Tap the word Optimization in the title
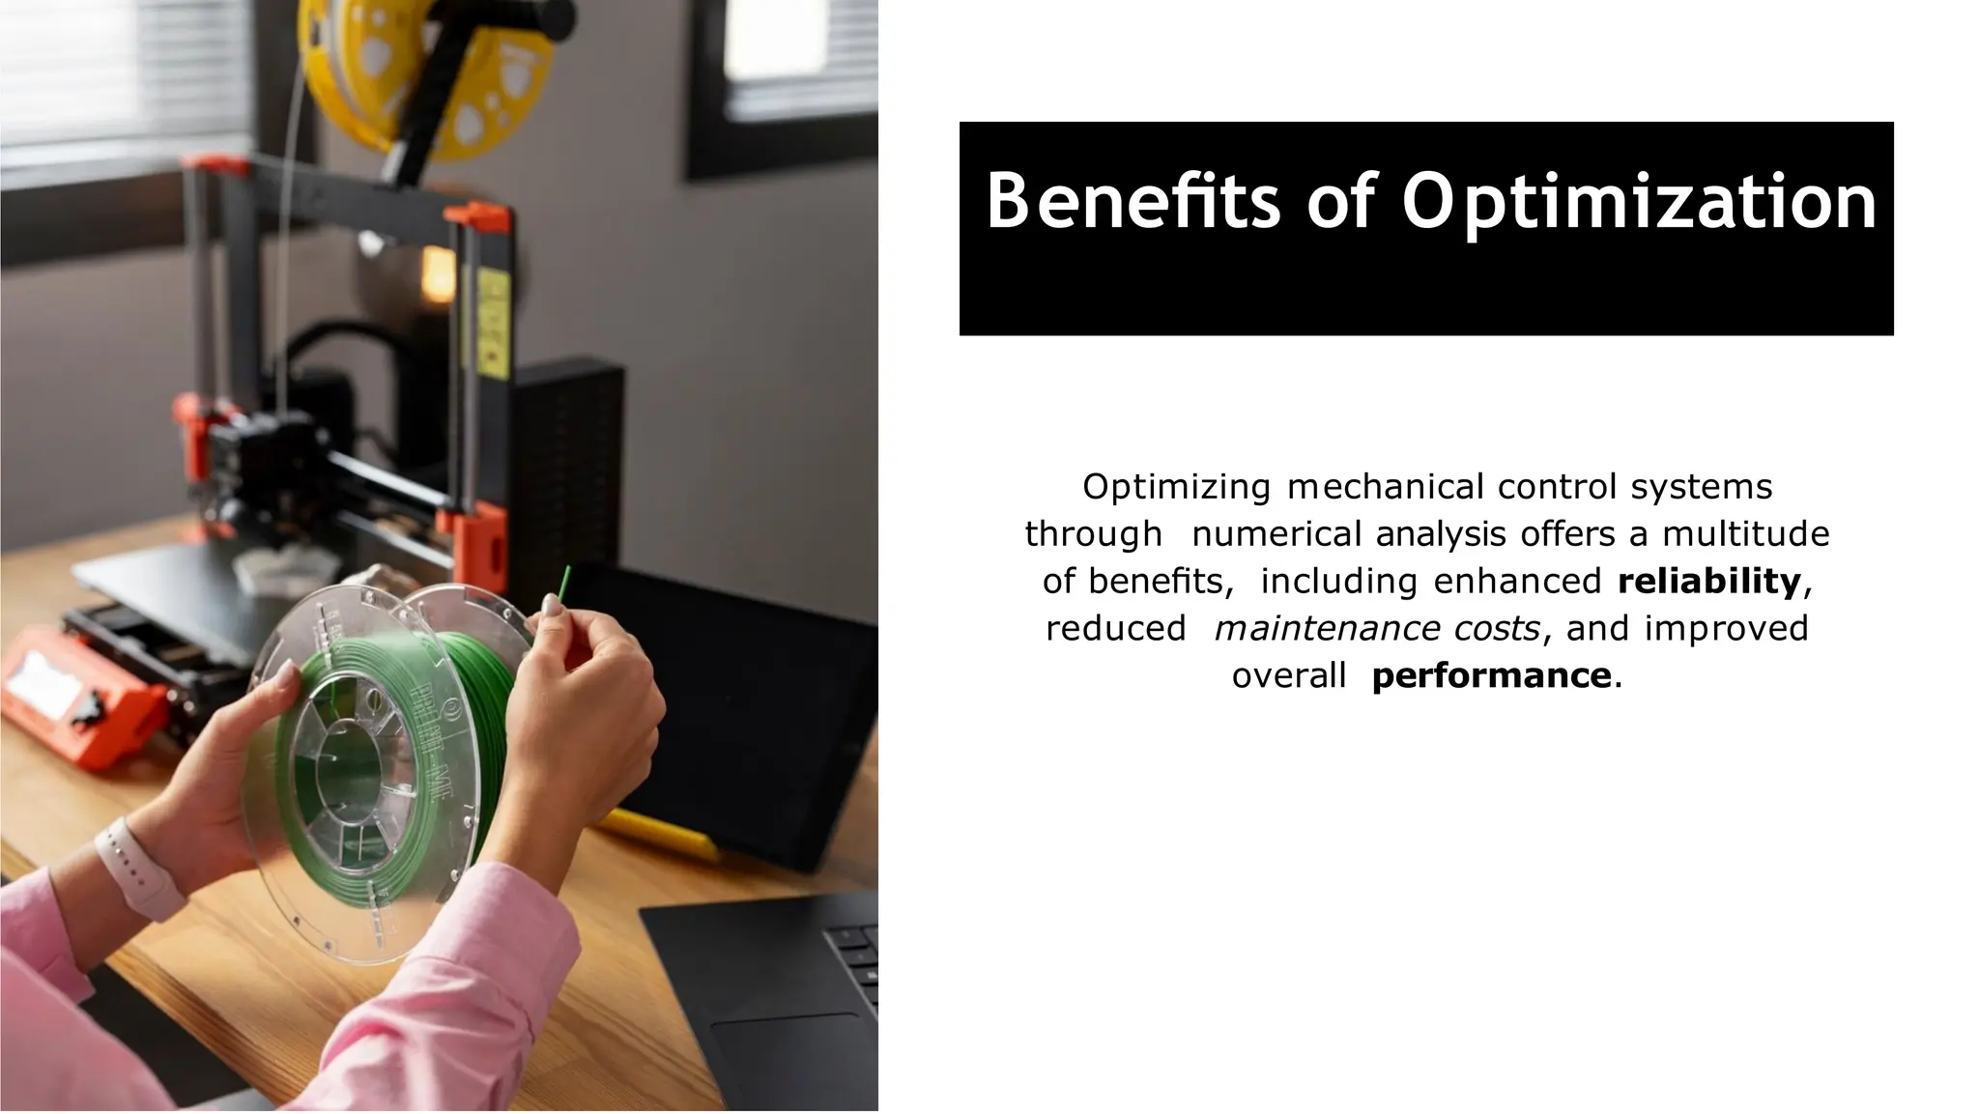point(1639,203)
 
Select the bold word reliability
point(1708,581)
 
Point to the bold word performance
point(1490,675)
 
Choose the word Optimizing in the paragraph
point(1176,486)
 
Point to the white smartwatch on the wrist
point(141,870)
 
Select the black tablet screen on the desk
point(734,696)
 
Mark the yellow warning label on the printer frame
point(493,319)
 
